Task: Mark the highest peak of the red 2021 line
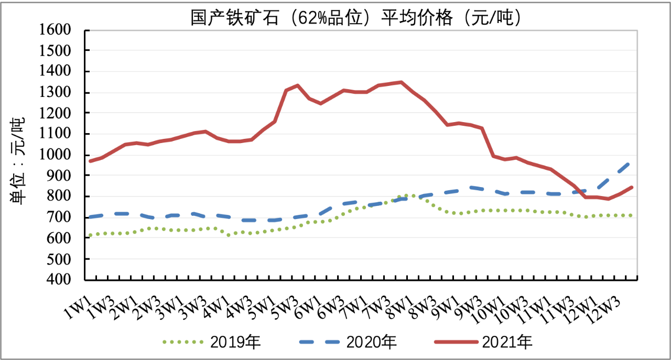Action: pos(401,82)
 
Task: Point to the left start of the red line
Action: pos(90,161)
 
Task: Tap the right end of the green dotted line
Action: pos(631,215)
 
